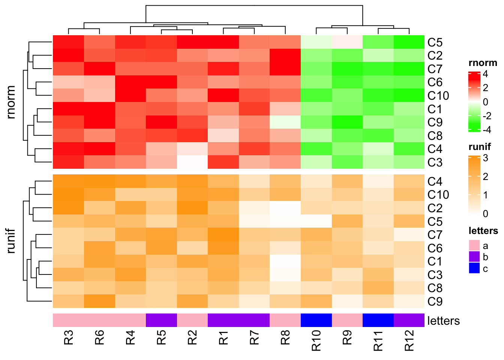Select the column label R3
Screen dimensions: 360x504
point(69,337)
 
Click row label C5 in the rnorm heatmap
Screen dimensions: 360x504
point(435,42)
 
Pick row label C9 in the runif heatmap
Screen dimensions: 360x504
point(435,301)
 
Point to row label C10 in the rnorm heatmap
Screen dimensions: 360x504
point(438,96)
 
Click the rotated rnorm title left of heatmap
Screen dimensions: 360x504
point(11,102)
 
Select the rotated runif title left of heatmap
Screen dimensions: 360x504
point(11,241)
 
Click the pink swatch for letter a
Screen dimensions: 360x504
point(474,246)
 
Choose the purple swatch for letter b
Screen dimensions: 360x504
point(474,257)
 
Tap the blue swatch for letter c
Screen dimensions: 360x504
point(474,268)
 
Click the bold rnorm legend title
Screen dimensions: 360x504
point(483,63)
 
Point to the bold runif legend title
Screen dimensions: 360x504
point(480,147)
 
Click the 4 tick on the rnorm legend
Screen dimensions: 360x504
point(485,74)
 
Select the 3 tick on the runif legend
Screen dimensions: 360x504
point(485,158)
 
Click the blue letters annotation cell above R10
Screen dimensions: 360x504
point(316,320)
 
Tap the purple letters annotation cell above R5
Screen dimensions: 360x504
point(161,320)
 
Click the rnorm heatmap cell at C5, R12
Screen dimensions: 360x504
point(409,42)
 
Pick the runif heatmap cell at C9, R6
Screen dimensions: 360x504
point(99,301)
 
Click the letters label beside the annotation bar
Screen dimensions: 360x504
point(443,321)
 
